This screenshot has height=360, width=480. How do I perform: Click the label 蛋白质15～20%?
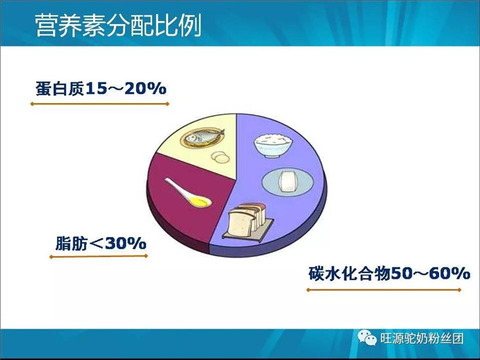(100, 89)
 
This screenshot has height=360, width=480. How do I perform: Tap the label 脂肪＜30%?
(100, 244)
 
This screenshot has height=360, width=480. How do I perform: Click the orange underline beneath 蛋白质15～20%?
(100, 104)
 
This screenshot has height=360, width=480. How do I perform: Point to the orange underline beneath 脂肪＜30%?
(98, 256)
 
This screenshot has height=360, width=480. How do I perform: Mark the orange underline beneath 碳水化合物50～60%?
(388, 288)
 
